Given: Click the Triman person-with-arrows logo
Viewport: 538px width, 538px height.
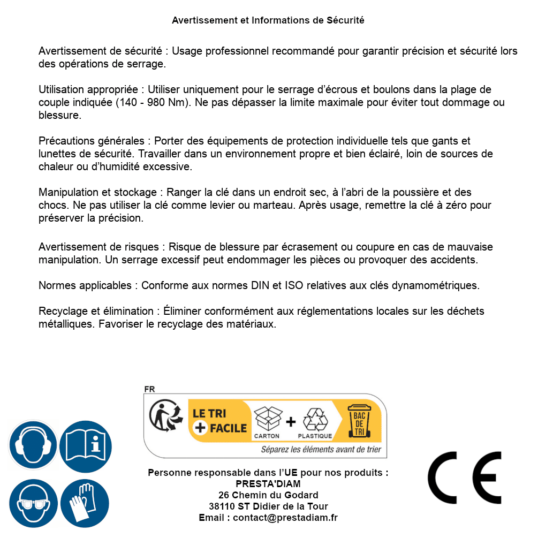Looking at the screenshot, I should tap(164, 416).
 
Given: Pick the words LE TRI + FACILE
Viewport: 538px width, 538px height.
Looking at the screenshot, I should tap(219, 420).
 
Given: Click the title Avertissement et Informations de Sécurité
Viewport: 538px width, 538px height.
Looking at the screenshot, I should tap(268, 20).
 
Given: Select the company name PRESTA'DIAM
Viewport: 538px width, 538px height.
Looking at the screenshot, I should tap(268, 484).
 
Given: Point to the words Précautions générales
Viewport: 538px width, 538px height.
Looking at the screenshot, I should tap(91, 141).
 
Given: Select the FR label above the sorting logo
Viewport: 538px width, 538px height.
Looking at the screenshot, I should tap(149, 389).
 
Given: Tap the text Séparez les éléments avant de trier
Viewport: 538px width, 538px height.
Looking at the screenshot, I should tap(321, 449).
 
